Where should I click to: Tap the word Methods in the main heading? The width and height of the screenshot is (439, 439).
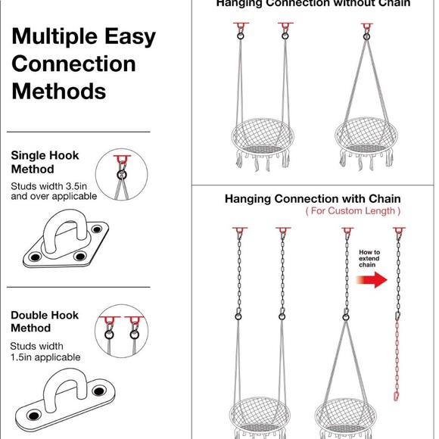(x=58, y=92)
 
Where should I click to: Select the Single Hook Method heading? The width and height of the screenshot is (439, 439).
(x=45, y=162)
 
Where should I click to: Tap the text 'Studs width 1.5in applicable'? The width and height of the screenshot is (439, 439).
(x=45, y=352)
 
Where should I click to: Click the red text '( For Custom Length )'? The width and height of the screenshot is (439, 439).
(x=353, y=211)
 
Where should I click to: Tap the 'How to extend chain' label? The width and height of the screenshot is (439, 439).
(x=369, y=258)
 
